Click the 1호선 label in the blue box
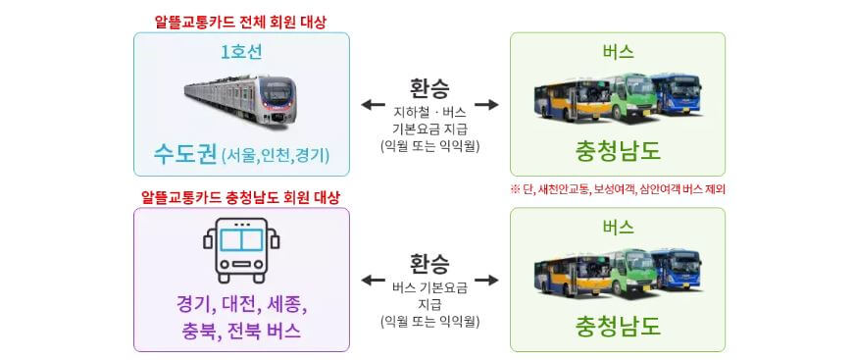(x=241, y=53)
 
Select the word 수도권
(x=185, y=153)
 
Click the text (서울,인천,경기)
(x=276, y=154)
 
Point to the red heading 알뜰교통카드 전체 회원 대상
(x=241, y=20)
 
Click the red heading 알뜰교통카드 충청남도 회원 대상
(x=241, y=197)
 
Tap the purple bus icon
(x=241, y=249)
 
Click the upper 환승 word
(x=429, y=87)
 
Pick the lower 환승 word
(x=429, y=264)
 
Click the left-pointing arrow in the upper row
(x=373, y=104)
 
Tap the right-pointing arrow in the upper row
(x=486, y=104)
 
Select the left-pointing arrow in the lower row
(x=373, y=281)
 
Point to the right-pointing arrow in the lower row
(x=486, y=281)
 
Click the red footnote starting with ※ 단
(x=618, y=188)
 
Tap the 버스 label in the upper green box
(x=618, y=52)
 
